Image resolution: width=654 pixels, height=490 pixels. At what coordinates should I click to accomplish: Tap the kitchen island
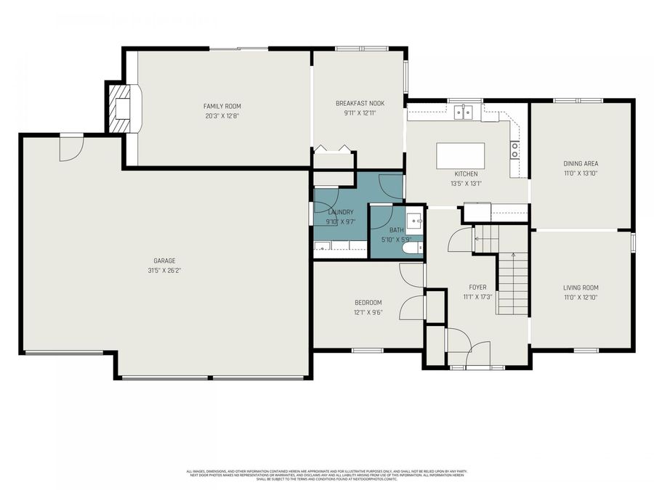[x=460, y=155]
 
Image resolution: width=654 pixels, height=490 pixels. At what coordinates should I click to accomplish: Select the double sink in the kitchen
[x=463, y=112]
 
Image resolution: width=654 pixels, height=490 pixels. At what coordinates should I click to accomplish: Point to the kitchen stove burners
[x=515, y=150]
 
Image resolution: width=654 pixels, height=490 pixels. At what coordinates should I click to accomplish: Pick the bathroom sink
[x=414, y=220]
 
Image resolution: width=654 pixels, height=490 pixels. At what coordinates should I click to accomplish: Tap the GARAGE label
[x=164, y=261]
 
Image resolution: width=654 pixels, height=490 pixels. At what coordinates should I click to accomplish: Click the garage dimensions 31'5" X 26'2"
[x=164, y=271]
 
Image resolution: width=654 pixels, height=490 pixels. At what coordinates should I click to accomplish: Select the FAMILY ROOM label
[x=222, y=106]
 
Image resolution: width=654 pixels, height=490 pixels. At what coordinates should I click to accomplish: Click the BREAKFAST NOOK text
[x=360, y=103]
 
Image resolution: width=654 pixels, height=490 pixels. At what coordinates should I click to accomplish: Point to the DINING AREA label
[x=581, y=163]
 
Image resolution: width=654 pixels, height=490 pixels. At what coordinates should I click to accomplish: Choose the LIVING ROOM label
[x=581, y=287]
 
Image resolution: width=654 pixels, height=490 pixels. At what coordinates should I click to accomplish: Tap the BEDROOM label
[x=368, y=303]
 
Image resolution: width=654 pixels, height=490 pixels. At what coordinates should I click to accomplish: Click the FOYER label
[x=477, y=287]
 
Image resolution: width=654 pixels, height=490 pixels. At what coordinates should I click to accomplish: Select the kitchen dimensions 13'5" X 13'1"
[x=466, y=184]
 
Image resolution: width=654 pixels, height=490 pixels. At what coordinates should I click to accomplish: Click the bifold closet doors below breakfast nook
[x=334, y=150]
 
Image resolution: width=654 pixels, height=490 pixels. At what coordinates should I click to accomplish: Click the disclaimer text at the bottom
[x=327, y=474]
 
